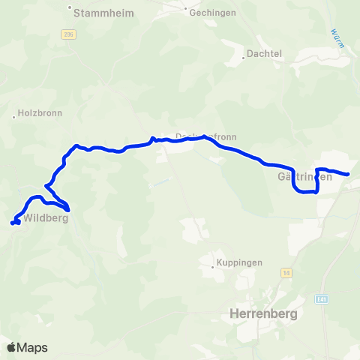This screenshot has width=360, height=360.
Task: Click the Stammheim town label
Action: pos(101,11)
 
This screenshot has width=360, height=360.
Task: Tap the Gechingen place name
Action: pos(214,13)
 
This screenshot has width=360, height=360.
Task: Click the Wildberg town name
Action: pos(46,219)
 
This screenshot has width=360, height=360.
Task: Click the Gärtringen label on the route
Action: pos(304,177)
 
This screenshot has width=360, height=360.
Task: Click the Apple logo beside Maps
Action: pos(11,347)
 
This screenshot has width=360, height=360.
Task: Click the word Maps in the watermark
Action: pos(33,347)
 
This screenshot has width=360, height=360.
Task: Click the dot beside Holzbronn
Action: pos(14,116)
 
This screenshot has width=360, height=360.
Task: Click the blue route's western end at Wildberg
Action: pos(12,223)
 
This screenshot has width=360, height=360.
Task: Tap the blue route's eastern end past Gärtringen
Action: pos(349,175)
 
